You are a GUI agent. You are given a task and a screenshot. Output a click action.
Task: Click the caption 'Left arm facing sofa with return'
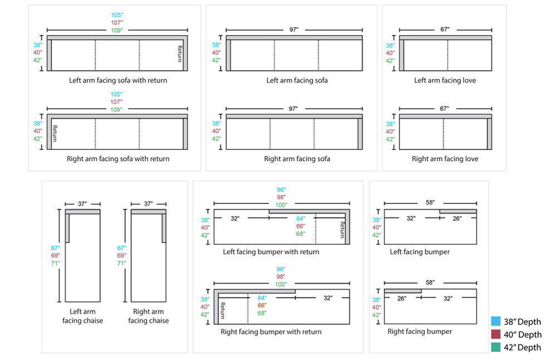pyautogui.click(x=118, y=80)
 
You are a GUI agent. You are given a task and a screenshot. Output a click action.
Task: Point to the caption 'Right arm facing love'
pyautogui.click(x=445, y=159)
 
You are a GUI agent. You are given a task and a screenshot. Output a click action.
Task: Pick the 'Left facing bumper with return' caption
pyautogui.click(x=271, y=252)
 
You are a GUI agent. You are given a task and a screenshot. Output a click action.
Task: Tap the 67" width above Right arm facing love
pyautogui.click(x=444, y=108)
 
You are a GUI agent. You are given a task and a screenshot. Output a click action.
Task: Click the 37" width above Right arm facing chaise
pyautogui.click(x=149, y=204)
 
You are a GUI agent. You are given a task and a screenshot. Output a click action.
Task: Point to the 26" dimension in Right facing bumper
pyautogui.click(x=402, y=299)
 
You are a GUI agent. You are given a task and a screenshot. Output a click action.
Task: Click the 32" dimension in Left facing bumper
pyautogui.click(x=411, y=218)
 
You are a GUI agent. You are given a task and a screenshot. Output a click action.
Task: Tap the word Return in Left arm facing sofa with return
pyautogui.click(x=180, y=54)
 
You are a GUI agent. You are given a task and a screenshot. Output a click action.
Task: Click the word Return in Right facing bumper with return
pyautogui.click(x=222, y=310)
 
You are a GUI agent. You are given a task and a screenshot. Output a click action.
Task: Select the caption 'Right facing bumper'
pyautogui.click(x=420, y=332)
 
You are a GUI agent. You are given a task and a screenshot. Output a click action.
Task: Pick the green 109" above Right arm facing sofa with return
pyautogui.click(x=117, y=110)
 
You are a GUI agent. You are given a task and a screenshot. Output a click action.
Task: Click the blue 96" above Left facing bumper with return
pyautogui.click(x=282, y=190)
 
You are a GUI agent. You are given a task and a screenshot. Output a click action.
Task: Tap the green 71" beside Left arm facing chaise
pyautogui.click(x=55, y=263)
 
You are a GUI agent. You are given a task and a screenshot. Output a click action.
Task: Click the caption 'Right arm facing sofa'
pyautogui.click(x=297, y=159)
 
